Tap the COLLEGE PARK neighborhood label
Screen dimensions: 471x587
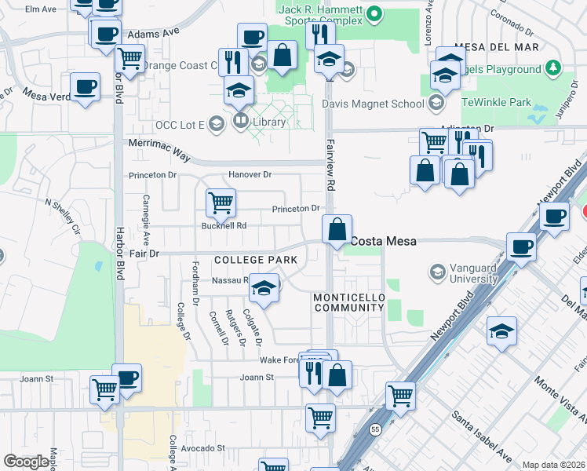(255, 260)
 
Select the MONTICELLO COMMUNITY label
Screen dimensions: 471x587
(348, 303)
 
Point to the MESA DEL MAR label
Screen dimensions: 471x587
(496, 47)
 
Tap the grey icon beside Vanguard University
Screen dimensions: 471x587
(437, 272)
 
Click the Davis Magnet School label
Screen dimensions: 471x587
(373, 103)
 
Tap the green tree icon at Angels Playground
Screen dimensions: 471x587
(553, 69)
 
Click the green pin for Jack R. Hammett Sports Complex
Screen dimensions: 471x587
(375, 13)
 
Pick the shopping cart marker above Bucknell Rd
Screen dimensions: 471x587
(221, 203)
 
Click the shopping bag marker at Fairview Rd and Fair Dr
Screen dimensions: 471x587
(337, 230)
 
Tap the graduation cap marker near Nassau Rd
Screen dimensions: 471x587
(264, 288)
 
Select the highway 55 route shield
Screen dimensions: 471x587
(375, 430)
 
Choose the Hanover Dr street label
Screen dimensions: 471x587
(250, 174)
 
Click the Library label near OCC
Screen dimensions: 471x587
(268, 122)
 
